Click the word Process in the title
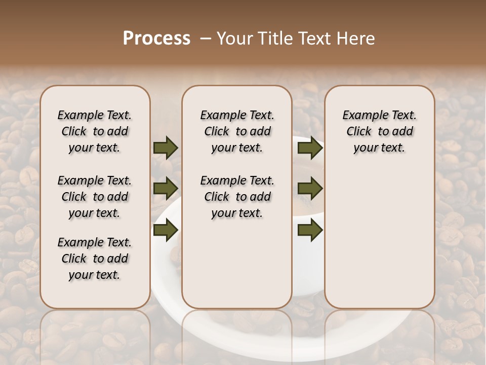tap(156, 39)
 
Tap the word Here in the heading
tap(356, 39)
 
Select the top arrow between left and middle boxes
tap(166, 148)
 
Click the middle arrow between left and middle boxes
tap(166, 189)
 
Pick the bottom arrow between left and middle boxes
tap(166, 230)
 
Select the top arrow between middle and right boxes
tap(310, 148)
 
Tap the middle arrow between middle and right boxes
tap(310, 189)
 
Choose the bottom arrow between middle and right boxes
tap(310, 230)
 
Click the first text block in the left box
tap(94, 131)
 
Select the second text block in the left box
tap(94, 197)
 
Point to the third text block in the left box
tap(94, 259)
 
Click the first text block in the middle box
tap(237, 131)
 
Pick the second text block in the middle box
tap(237, 197)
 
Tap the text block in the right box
tap(379, 131)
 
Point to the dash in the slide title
tap(206, 39)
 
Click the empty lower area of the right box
tap(379, 238)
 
